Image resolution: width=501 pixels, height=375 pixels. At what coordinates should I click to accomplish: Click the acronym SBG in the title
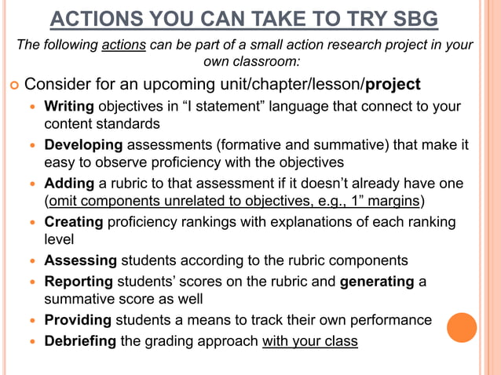coord(409,19)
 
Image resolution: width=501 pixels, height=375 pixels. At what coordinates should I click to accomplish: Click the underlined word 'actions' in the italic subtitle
coord(123,45)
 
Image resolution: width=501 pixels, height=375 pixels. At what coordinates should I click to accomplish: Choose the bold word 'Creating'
coord(74,222)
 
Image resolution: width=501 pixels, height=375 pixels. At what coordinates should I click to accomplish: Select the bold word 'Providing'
coord(78,319)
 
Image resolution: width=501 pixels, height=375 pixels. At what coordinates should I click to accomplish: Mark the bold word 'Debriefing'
coord(80,341)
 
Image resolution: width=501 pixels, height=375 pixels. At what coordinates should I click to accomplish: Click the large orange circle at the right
coord(462,327)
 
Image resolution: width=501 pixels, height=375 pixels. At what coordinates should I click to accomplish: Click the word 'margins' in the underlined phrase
coord(396,201)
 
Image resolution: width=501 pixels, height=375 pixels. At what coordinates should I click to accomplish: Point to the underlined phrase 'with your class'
coord(309,341)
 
